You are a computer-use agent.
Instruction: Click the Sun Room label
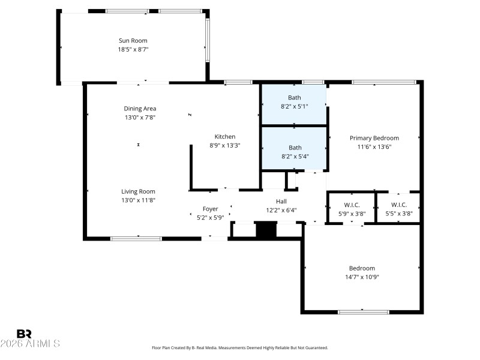pyautogui.click(x=133, y=41)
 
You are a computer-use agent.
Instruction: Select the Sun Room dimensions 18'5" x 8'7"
pyautogui.click(x=133, y=49)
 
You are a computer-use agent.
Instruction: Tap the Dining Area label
pyautogui.click(x=140, y=109)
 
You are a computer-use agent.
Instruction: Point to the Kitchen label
pyautogui.click(x=225, y=136)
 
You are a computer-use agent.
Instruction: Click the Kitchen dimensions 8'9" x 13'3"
pyautogui.click(x=225, y=145)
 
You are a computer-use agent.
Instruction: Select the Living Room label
pyautogui.click(x=138, y=191)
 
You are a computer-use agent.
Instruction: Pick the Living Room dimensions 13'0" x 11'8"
pyautogui.click(x=138, y=200)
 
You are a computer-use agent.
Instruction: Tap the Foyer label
pyautogui.click(x=210, y=209)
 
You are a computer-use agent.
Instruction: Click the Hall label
pyautogui.click(x=281, y=201)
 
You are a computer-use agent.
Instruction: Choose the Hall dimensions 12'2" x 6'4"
pyautogui.click(x=281, y=210)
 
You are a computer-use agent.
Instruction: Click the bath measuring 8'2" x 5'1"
pyautogui.click(x=294, y=102)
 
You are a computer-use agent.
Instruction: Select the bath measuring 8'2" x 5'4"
pyautogui.click(x=294, y=152)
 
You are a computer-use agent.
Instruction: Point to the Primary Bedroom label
pyautogui.click(x=374, y=138)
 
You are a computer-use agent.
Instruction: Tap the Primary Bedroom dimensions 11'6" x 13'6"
pyautogui.click(x=374, y=146)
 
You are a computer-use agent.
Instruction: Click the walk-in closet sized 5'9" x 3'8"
pyautogui.click(x=350, y=208)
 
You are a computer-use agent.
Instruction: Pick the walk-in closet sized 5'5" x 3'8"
pyautogui.click(x=398, y=208)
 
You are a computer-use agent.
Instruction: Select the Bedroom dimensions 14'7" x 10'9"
pyautogui.click(x=362, y=277)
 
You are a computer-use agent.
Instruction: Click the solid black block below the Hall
pyautogui.click(x=265, y=230)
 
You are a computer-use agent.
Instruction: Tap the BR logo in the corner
pyautogui.click(x=24, y=334)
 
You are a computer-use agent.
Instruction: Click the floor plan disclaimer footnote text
pyautogui.click(x=239, y=347)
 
